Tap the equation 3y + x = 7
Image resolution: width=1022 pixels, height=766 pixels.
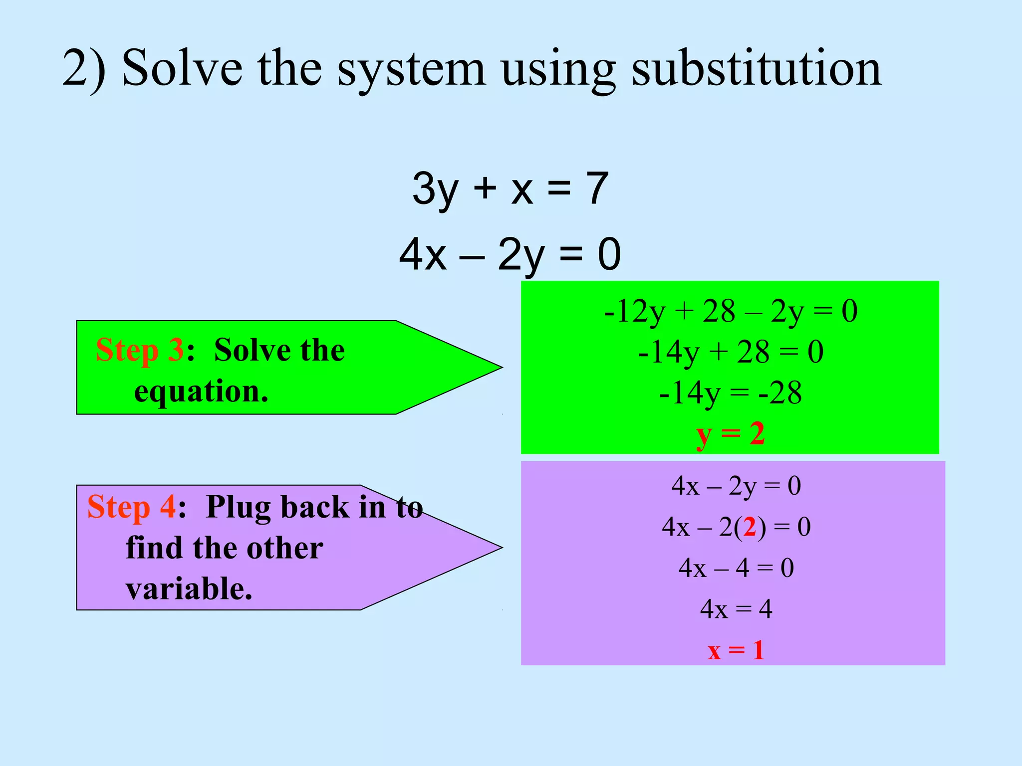pos(510,189)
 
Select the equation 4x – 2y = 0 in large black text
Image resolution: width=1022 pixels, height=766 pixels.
pos(510,254)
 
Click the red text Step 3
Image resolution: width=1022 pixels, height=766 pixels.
pos(140,350)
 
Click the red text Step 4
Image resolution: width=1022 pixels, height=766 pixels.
pos(131,507)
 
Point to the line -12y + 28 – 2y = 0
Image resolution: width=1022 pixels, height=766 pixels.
pos(731,311)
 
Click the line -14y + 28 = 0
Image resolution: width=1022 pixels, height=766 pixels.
pos(731,352)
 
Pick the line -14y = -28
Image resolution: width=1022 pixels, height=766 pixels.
pos(731,393)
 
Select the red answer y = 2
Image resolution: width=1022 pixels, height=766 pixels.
pos(731,434)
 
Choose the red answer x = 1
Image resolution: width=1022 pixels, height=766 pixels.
pos(736,650)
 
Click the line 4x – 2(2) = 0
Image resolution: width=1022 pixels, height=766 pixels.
pos(736,527)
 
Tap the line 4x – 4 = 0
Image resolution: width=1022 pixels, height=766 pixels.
pos(736,568)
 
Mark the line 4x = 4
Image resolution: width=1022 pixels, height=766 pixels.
pos(736,609)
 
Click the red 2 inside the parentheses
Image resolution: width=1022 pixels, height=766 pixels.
pos(750,527)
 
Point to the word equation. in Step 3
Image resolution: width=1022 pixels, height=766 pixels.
pos(201,392)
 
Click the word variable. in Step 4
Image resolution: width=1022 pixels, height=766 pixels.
pos(189,589)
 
